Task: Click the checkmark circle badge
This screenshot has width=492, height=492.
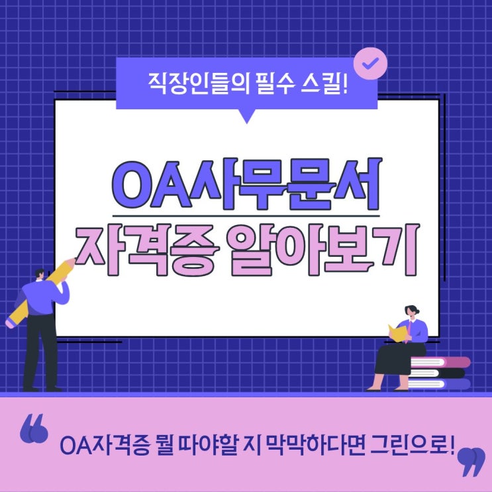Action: coord(370,64)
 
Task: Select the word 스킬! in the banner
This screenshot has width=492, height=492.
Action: coord(324,84)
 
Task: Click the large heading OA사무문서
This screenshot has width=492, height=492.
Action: coord(246,185)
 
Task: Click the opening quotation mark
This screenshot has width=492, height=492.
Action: coord(34,428)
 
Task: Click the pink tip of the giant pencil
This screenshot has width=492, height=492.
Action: coord(9,324)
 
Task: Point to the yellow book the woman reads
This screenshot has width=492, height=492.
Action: coord(397,333)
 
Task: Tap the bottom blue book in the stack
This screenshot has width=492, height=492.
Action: coord(439,384)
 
